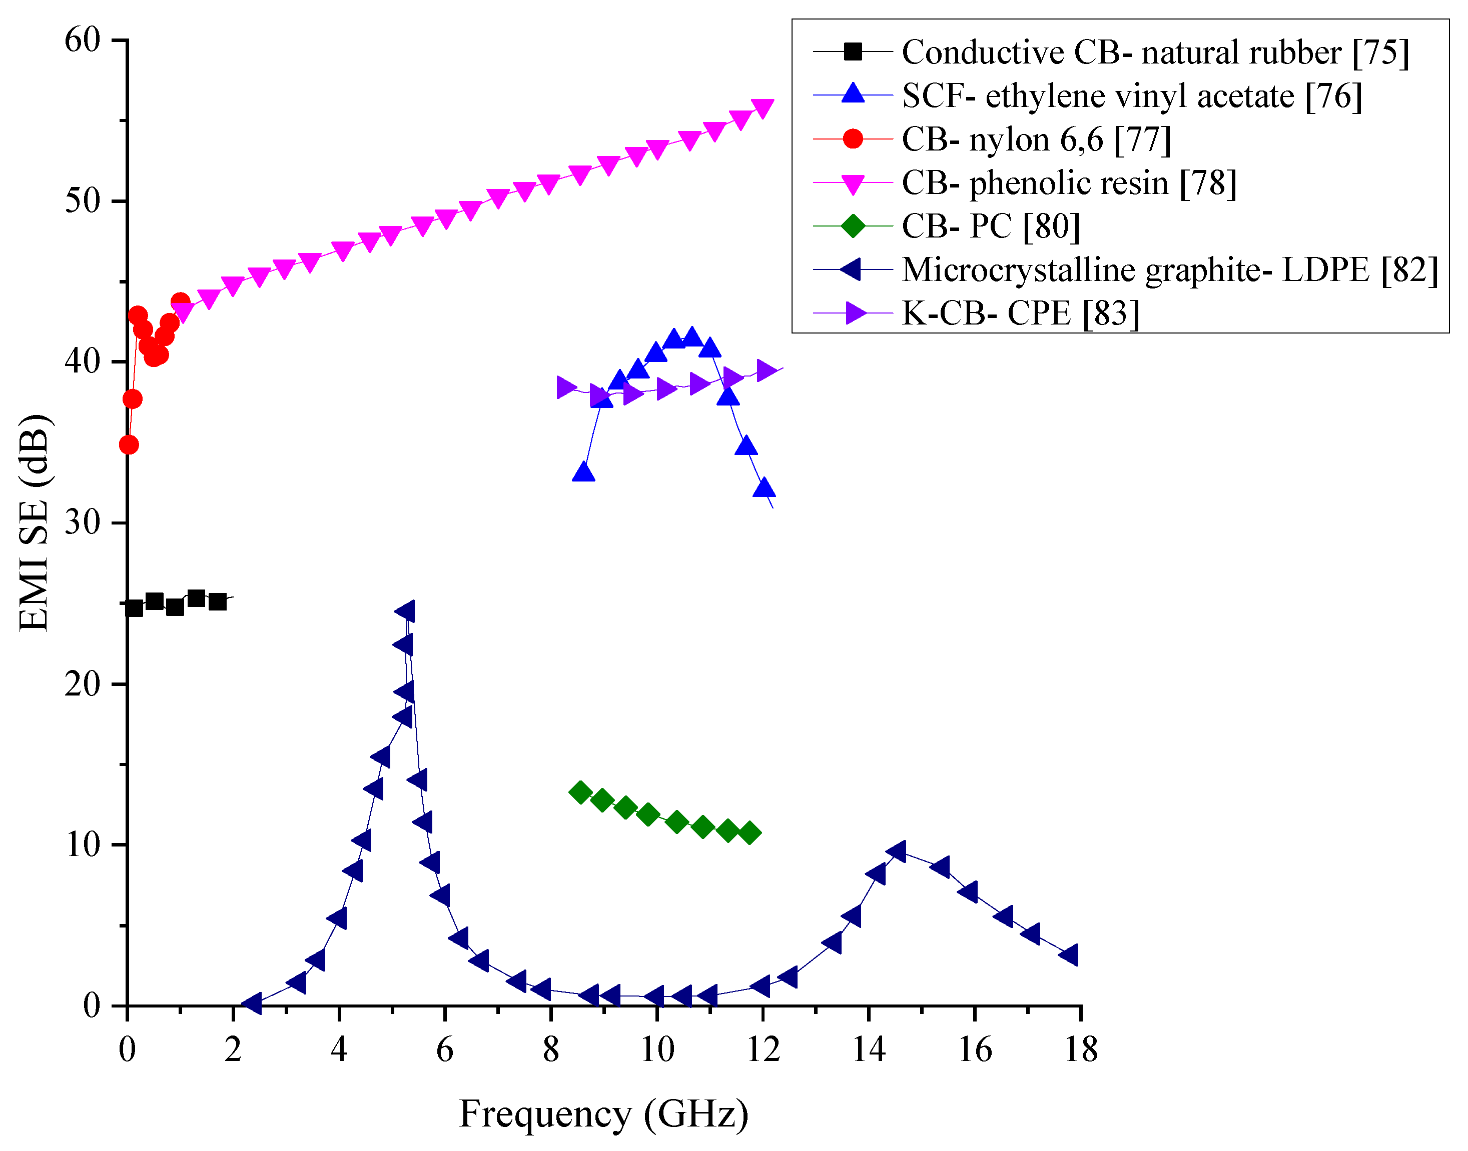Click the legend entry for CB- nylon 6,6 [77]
pyautogui.click(x=1036, y=139)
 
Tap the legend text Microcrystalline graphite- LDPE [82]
pyautogui.click(x=1170, y=269)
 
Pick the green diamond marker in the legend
pyautogui.click(x=853, y=226)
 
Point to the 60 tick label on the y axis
pyautogui.click(x=82, y=40)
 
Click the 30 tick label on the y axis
pyautogui.click(x=82, y=522)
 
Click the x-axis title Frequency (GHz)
pyautogui.click(x=603, y=1114)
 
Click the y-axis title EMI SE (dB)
pyautogui.click(x=34, y=523)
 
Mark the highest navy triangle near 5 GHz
pyautogui.click(x=405, y=611)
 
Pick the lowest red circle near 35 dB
pyautogui.click(x=129, y=445)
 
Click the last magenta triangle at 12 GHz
pyautogui.click(x=763, y=108)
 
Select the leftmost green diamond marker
pyautogui.click(x=580, y=792)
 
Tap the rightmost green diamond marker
pyautogui.click(x=749, y=833)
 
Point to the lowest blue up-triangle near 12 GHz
pyautogui.click(x=764, y=488)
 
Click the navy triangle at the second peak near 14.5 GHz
pyautogui.click(x=897, y=852)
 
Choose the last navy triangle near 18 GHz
pyautogui.click(x=1070, y=955)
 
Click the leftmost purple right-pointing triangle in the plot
pyautogui.click(x=566, y=387)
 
